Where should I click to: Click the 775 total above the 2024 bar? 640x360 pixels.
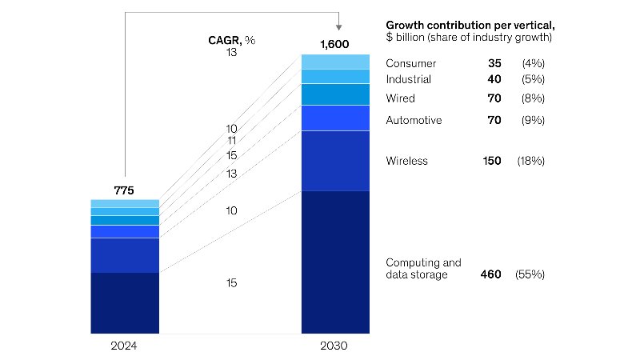[124, 190]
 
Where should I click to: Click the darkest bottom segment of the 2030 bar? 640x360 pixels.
[335, 262]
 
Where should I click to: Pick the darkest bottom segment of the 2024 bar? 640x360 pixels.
[125, 302]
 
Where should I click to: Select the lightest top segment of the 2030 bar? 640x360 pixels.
[335, 62]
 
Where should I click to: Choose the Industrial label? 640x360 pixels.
[408, 79]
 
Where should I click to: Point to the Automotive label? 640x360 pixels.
[414, 120]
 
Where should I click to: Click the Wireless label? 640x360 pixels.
[406, 161]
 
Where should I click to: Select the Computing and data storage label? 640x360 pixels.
[423, 268]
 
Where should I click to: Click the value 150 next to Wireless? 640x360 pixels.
[491, 161]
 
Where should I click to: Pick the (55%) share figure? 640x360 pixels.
[532, 274]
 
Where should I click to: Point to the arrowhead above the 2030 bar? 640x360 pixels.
[340, 27]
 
